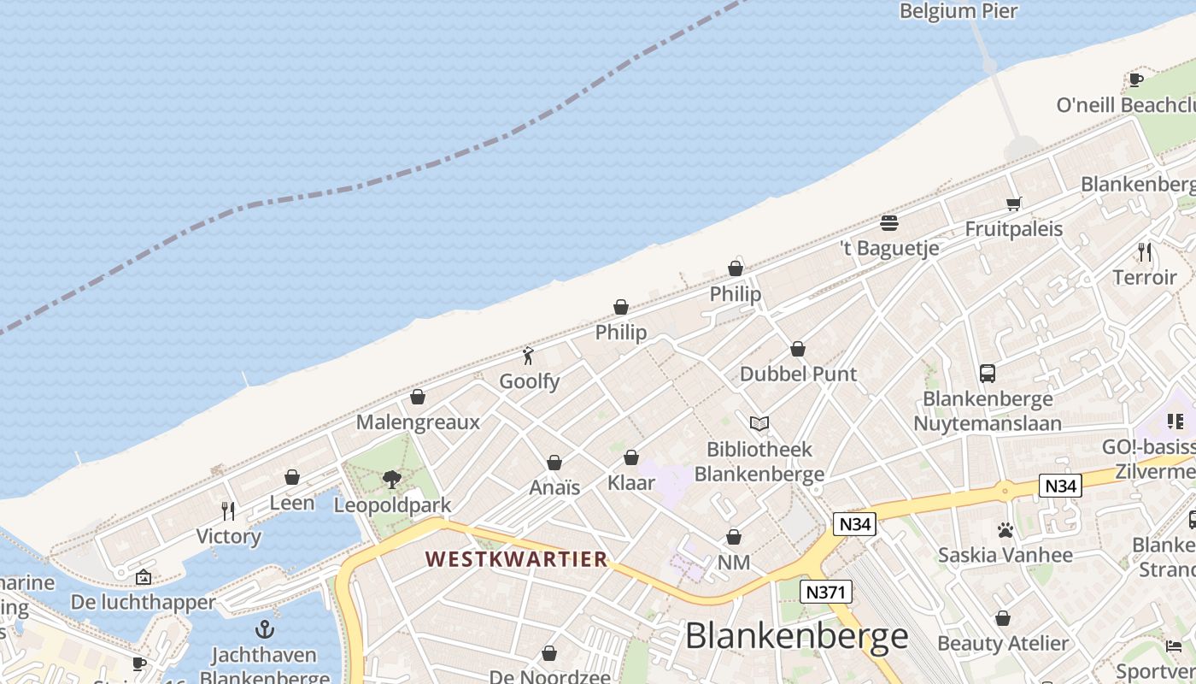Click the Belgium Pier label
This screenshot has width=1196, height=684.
tap(959, 11)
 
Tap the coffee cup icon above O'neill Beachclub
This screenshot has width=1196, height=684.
tap(1135, 80)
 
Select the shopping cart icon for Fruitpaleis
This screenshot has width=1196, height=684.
tap(1014, 203)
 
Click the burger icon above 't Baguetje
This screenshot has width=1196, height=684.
tap(889, 223)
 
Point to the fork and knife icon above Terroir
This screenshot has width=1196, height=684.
tap(1145, 252)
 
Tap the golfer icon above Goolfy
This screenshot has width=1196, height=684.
tap(529, 356)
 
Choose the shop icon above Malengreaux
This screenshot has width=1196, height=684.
tap(418, 397)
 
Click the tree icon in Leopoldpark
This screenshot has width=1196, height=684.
tap(392, 480)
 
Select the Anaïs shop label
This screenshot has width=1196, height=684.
tap(554, 487)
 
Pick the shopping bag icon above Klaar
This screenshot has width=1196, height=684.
tap(631, 457)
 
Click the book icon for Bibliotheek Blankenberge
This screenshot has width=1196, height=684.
tap(759, 423)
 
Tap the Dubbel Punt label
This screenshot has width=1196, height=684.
tap(798, 374)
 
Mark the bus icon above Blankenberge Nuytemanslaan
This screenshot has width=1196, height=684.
tap(988, 374)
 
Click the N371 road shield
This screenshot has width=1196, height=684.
tap(825, 591)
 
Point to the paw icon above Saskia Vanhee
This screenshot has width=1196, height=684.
tap(1005, 530)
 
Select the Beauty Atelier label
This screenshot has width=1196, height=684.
tap(1003, 643)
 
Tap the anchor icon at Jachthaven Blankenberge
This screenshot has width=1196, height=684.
tap(265, 629)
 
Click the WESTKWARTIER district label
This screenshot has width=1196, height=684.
tap(517, 559)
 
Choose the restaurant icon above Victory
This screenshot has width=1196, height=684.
tap(228, 511)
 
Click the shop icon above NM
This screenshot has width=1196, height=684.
tap(734, 537)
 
